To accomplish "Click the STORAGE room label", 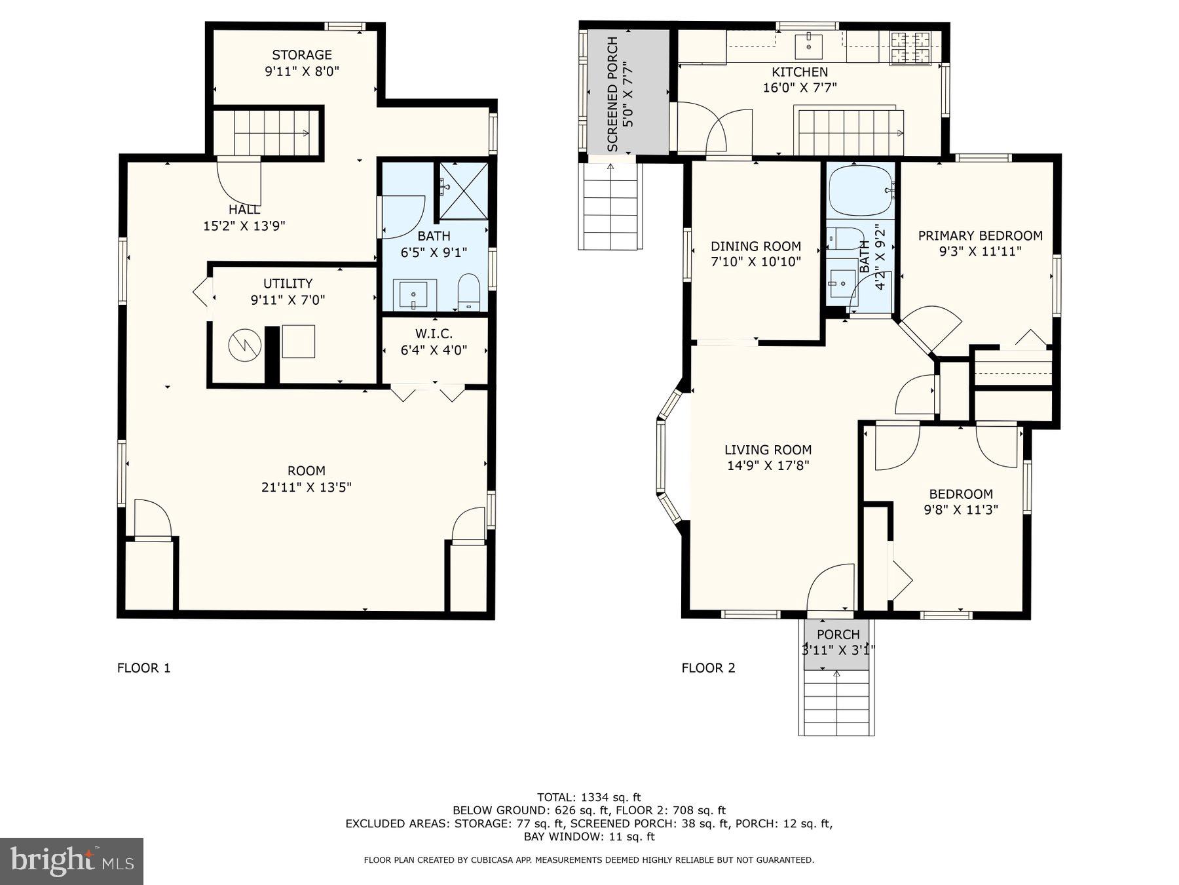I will pos(302,55).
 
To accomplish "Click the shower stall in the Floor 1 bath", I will pos(463,190).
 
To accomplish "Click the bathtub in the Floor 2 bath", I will pos(859,189).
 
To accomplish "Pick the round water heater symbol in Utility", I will pos(245,345).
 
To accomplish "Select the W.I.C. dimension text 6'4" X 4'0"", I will pos(434,350).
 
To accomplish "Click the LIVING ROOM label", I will pos(768,450).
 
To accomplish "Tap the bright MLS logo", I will pos(71,861).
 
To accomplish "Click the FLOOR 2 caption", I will pos(708,668).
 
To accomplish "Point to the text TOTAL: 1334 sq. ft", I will pos(589,797).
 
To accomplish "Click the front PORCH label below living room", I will pos(838,635).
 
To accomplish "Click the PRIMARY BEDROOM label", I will pos(980,236).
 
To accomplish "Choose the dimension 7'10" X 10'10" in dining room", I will pos(756,262).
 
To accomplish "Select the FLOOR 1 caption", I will pos(143,668).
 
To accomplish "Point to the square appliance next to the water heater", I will pos(299,342).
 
